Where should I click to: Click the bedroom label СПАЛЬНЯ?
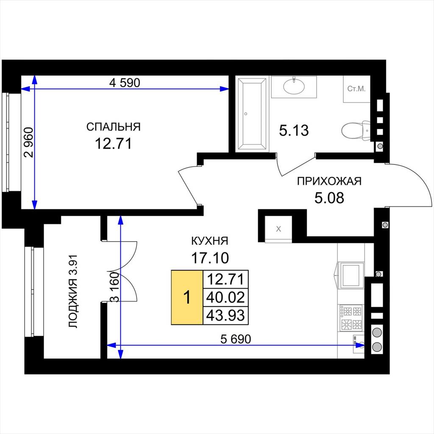(114, 127)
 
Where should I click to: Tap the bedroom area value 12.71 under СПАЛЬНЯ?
(114, 143)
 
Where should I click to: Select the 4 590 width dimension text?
(125, 83)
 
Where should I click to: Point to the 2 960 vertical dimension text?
(28, 142)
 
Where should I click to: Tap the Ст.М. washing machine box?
(356, 89)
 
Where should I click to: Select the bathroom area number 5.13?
(294, 131)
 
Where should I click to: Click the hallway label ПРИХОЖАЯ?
(329, 181)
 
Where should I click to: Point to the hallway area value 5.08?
(329, 198)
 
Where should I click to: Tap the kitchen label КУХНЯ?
(210, 241)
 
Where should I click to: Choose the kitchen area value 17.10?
(210, 258)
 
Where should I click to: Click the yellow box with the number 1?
(187, 297)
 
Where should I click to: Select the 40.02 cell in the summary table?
(225, 297)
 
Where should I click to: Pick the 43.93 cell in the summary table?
(225, 315)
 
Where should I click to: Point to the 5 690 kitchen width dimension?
(236, 339)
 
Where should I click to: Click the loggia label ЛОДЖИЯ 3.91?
(74, 292)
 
